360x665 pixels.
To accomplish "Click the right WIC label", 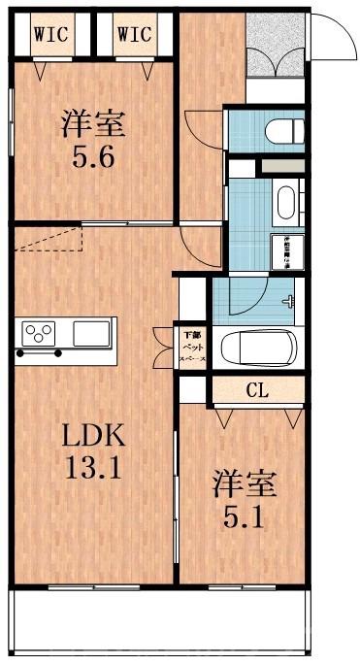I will point(134,34).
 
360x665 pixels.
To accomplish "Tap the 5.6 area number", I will point(94,155).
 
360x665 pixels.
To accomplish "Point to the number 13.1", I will point(94,471).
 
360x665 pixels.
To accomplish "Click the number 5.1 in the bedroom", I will point(243,515).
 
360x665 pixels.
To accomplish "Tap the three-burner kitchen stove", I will point(40,335).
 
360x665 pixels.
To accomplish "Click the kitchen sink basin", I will point(93,335).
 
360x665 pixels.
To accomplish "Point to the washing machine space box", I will point(288,249).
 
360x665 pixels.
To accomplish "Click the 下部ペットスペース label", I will point(190,348).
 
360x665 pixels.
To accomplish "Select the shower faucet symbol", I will point(289,300).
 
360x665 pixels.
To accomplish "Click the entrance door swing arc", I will point(330,39).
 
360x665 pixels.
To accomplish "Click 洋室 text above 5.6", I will point(94,123).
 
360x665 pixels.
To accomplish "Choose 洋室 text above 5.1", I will point(243,482).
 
